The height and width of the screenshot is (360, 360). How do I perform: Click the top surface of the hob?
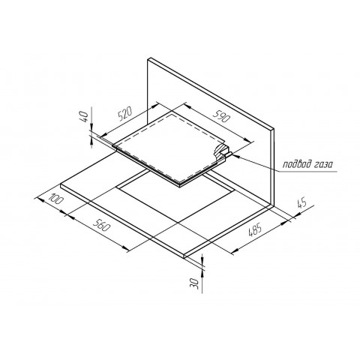[x=169, y=146]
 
